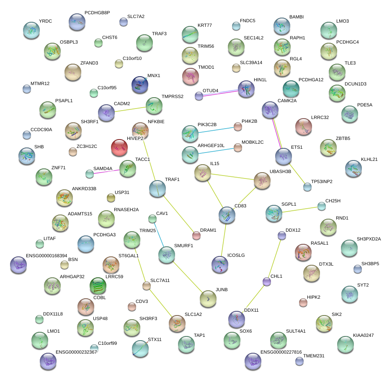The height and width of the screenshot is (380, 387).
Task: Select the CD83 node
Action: [x=227, y=215]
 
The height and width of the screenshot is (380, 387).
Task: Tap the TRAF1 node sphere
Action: [x=157, y=189]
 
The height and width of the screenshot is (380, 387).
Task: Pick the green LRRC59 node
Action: [x=98, y=286]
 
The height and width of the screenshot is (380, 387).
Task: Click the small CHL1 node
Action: [x=266, y=282]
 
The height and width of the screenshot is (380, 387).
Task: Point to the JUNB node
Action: [x=208, y=298]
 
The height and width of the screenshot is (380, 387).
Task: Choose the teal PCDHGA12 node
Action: [x=291, y=88]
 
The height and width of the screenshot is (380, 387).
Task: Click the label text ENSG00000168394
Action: [x=46, y=256]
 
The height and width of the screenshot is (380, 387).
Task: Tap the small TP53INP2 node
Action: [x=307, y=187]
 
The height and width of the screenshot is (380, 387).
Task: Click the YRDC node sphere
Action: [x=31, y=30]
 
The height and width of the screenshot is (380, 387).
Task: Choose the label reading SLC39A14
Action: [x=251, y=63]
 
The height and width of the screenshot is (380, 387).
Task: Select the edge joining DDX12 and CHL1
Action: [x=274, y=258]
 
